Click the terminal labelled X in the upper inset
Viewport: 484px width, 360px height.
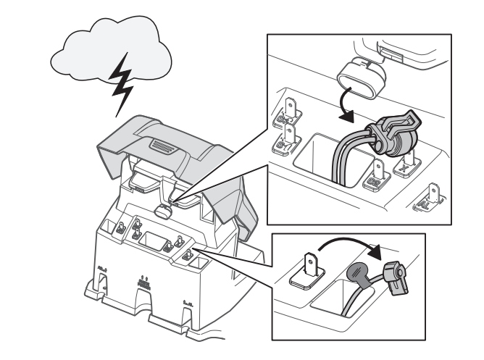tap(404, 165)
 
